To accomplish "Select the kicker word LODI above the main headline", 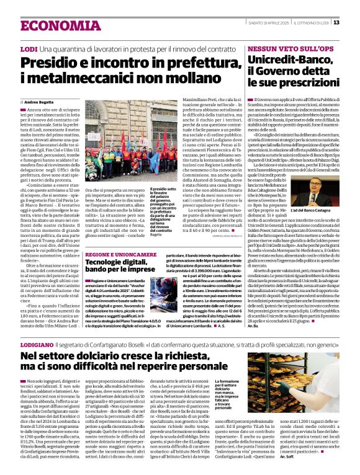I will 29,48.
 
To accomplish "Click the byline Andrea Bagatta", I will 38,101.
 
